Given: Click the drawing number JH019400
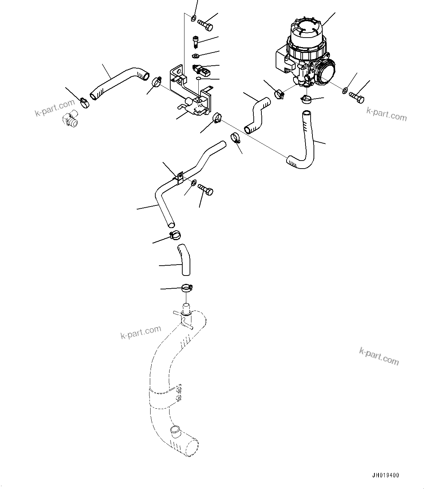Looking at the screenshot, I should click(385, 475).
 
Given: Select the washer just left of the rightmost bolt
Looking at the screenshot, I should click(345, 90).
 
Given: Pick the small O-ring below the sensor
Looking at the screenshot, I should click(198, 78).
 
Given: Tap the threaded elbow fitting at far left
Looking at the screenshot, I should click(70, 120).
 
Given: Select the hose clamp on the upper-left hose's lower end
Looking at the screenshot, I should click(83, 103).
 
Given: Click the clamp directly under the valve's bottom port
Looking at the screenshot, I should click(307, 98).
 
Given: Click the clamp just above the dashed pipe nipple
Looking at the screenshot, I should click(187, 289).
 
